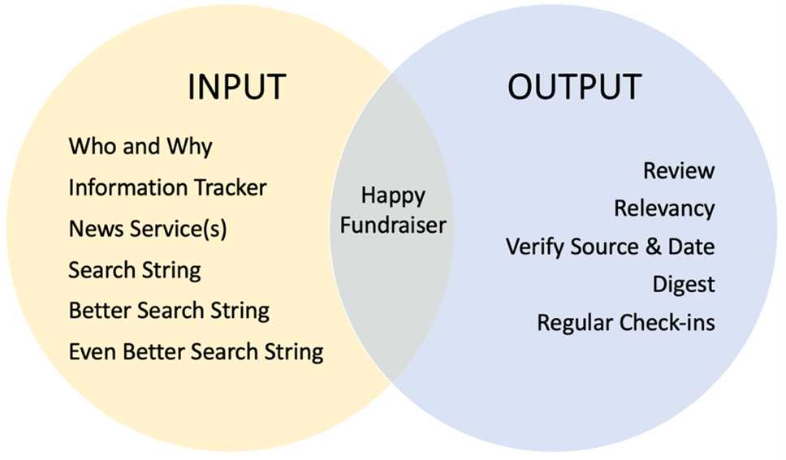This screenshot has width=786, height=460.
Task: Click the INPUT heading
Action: [236, 87]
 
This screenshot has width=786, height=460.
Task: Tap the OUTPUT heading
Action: [574, 87]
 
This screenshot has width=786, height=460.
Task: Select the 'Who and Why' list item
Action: [140, 147]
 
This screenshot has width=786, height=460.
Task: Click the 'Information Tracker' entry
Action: [167, 187]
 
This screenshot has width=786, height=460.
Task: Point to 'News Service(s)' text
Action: [148, 229]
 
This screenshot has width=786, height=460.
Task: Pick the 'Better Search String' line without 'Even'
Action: [169, 311]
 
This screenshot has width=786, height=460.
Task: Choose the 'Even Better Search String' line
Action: [196, 352]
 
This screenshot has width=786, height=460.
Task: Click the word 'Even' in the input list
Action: [93, 351]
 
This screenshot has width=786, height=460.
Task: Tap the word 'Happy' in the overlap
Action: [393, 196]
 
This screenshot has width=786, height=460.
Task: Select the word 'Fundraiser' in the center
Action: [393, 226]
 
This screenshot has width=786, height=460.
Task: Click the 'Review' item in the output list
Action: [680, 171]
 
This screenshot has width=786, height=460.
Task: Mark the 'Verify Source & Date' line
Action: [610, 247]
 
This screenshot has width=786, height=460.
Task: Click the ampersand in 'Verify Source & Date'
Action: [653, 247]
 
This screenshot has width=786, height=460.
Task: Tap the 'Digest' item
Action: [684, 285]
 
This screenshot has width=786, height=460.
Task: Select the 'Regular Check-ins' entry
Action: [626, 323]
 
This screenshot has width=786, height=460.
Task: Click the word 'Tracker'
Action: [231, 187]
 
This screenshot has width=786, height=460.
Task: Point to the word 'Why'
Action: [189, 147]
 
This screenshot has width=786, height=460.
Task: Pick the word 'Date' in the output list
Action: [691, 247]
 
